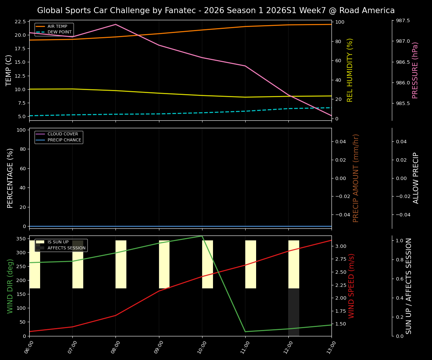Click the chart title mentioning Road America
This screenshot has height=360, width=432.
[216, 10]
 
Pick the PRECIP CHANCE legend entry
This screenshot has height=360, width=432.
[64, 140]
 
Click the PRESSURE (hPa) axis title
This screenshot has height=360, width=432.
[415, 70]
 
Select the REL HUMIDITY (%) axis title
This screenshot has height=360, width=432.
[350, 70]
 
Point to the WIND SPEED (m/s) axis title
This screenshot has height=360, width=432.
[351, 286]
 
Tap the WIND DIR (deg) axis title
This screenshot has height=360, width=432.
[10, 286]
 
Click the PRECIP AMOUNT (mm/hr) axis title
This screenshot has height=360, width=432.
[356, 178]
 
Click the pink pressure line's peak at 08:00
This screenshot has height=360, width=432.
[115, 24]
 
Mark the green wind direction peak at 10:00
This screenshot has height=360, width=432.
[202, 236]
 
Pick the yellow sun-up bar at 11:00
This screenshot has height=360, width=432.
[250, 264]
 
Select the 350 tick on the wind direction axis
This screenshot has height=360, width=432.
[21, 239]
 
